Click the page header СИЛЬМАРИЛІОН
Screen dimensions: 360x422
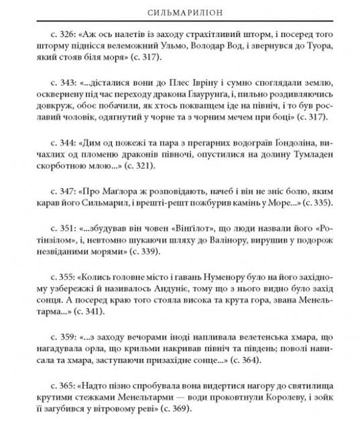[x=179, y=13]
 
